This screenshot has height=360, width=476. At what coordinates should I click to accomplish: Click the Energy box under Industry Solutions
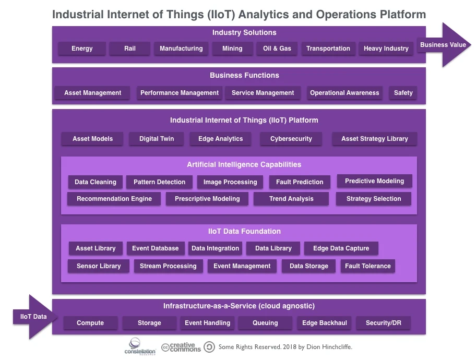pos(82,49)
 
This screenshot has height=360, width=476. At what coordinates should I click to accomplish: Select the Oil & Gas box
pos(277,49)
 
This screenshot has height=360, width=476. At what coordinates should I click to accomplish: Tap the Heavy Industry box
pos(386,49)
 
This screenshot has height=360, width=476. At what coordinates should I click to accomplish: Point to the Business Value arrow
pos(444,45)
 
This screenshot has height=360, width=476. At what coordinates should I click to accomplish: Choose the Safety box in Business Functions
pos(403,93)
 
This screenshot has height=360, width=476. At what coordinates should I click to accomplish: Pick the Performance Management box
pos(180,93)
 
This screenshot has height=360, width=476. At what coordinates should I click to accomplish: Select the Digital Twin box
pos(157,139)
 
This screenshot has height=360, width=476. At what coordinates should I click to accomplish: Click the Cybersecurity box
pos(291,139)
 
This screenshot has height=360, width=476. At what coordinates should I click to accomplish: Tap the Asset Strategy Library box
pos(375,139)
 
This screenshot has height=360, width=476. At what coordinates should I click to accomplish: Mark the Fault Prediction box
pos(300,182)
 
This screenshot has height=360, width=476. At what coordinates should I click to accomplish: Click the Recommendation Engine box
pos(114,199)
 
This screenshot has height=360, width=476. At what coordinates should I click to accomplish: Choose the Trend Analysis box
pos(291,199)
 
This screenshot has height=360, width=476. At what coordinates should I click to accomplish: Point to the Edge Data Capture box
pos(341,248)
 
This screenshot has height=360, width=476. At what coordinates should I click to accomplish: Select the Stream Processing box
pos(168,266)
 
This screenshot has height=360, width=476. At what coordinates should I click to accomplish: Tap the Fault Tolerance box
pos(367,266)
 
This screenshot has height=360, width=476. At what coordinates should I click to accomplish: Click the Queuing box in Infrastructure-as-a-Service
pos(265,323)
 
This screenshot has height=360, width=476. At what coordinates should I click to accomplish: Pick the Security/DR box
pos(384,323)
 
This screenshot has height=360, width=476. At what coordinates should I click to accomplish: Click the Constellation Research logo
pos(140,346)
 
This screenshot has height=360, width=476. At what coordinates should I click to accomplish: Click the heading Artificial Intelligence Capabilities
pos(244,164)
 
